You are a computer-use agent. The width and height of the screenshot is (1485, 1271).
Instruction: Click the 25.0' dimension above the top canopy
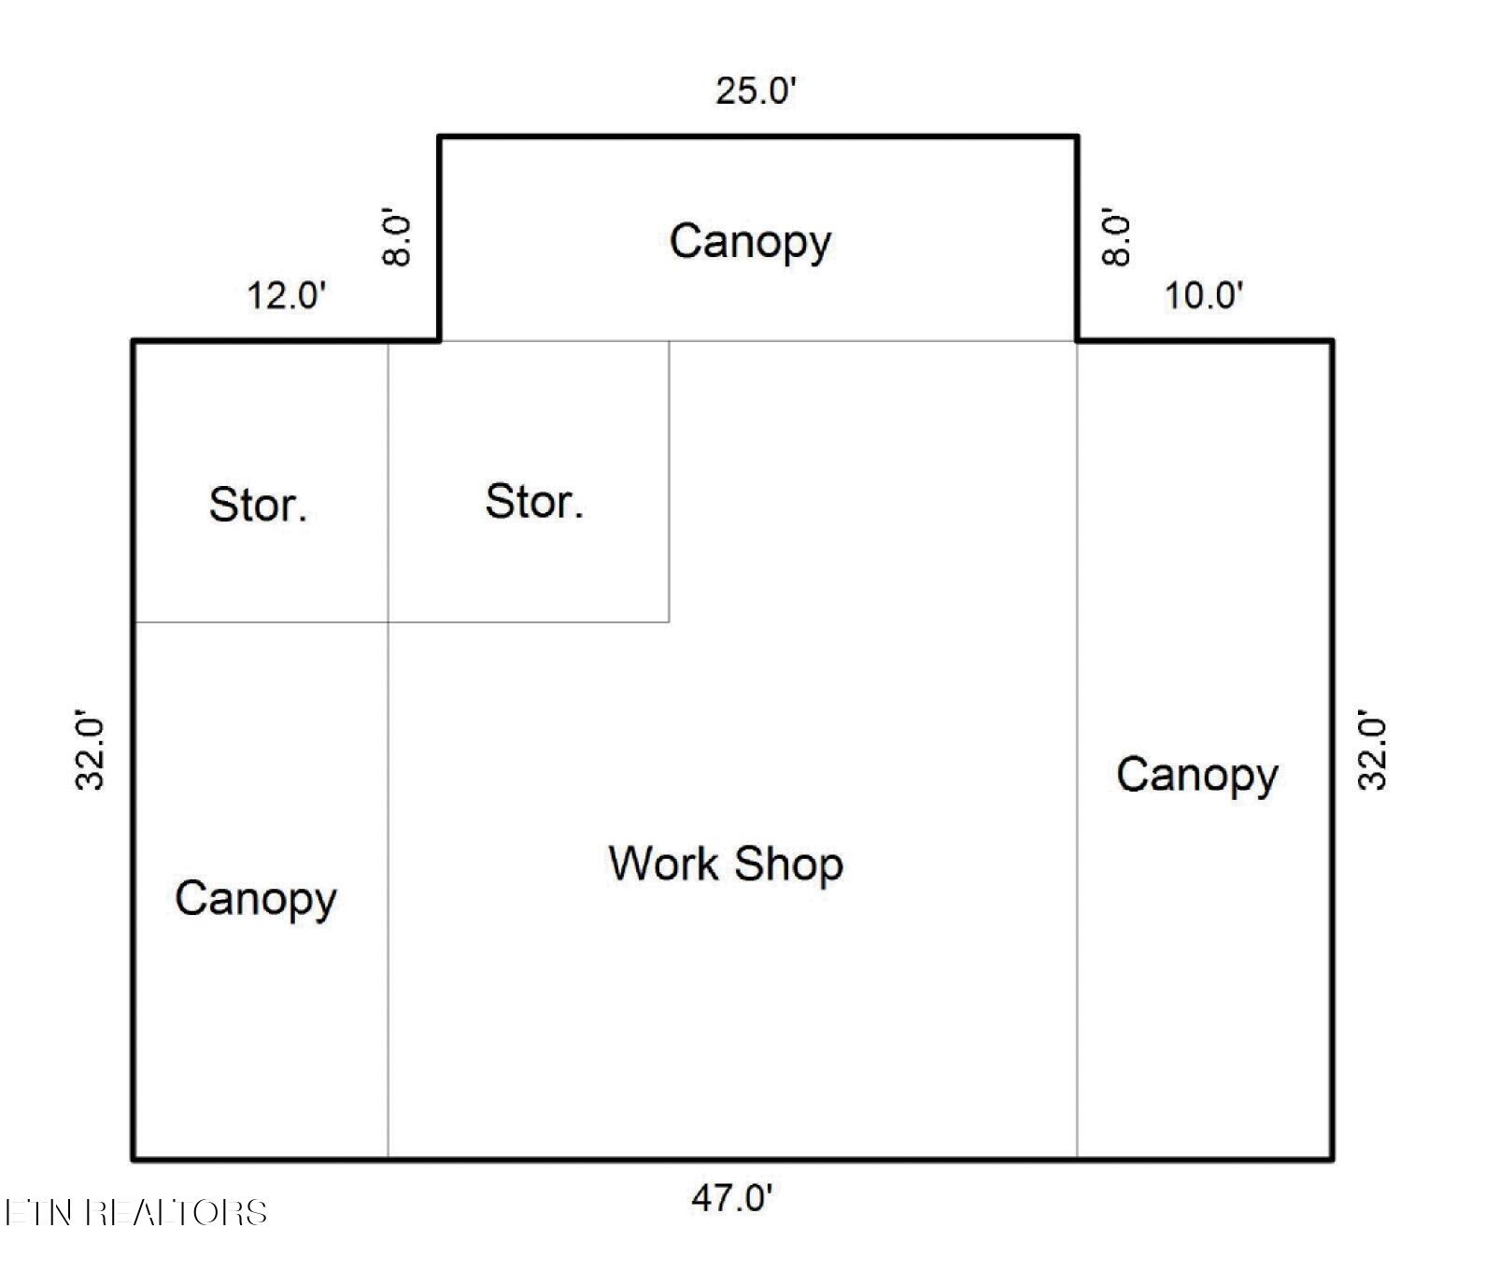pyautogui.click(x=757, y=92)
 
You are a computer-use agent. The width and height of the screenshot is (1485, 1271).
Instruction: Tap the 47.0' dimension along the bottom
pyautogui.click(x=732, y=1197)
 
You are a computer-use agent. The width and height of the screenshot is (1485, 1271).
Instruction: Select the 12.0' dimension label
pyautogui.click(x=287, y=296)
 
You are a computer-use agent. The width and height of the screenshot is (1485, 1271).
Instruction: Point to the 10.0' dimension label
pyautogui.click(x=1204, y=296)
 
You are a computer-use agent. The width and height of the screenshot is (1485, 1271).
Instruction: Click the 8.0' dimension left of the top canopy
pyautogui.click(x=398, y=240)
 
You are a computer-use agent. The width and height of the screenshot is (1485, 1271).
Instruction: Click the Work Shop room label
pyautogui.click(x=726, y=864)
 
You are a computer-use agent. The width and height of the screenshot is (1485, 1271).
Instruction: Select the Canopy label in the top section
pyautogui.click(x=750, y=242)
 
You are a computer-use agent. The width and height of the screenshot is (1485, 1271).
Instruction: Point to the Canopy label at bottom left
pyautogui.click(x=256, y=899)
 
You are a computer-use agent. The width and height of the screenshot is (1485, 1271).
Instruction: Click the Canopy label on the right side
pyautogui.click(x=1197, y=776)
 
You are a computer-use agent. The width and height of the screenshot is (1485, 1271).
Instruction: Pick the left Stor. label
pyautogui.click(x=258, y=505)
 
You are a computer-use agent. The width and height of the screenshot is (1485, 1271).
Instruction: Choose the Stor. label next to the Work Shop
pyautogui.click(x=534, y=502)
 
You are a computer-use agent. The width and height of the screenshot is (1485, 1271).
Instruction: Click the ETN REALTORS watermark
pyautogui.click(x=136, y=1212)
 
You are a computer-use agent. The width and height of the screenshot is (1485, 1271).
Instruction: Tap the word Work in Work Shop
pyautogui.click(x=665, y=864)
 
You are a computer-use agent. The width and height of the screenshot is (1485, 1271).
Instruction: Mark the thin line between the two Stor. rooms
pyautogui.click(x=389, y=481)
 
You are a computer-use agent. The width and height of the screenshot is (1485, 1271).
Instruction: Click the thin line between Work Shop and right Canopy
pyautogui.click(x=1078, y=750)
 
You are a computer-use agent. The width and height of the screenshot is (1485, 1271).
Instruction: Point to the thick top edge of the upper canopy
pyautogui.click(x=758, y=137)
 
